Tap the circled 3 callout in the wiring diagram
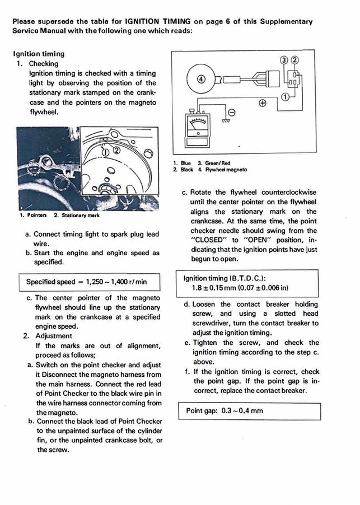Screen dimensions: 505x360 pyautogui.click(x=284, y=60)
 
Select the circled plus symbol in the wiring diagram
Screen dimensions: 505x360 pyautogui.click(x=262, y=104)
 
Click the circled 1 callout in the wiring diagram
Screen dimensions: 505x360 pyautogui.click(x=285, y=97)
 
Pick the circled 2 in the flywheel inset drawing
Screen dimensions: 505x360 pyautogui.click(x=116, y=149)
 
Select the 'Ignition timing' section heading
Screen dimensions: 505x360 pyautogui.click(x=38, y=54)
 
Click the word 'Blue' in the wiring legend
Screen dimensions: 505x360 pyautogui.click(x=186, y=163)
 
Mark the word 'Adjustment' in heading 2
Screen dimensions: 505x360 pyautogui.click(x=54, y=336)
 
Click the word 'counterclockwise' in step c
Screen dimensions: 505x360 pyautogui.click(x=284, y=192)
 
